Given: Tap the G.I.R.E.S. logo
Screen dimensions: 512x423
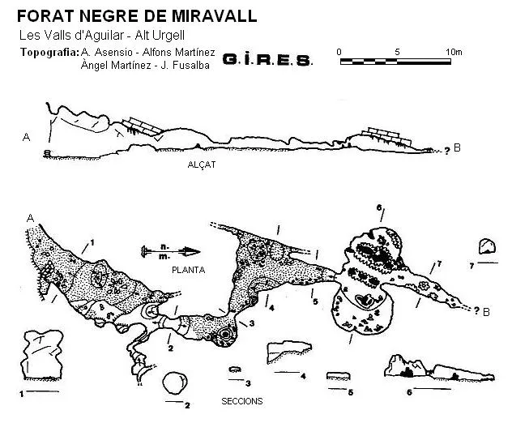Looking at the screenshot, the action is coord(267,60).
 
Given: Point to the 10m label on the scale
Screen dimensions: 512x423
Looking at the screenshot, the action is coord(454,52).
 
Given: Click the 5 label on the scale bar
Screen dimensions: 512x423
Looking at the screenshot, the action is coord(397,52).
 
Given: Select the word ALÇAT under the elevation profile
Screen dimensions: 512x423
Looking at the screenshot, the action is coord(202,164).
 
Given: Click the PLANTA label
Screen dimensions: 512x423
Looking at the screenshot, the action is coord(189,270).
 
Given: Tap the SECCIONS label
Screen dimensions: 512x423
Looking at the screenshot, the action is coord(242,401).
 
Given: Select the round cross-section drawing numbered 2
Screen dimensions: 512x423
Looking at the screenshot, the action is coord(175,382).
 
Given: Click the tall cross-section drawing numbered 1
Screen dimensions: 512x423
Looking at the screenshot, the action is coord(42,355).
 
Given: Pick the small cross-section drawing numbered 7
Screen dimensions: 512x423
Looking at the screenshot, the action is coord(487,246).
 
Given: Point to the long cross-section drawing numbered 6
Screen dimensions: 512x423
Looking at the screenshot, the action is coord(439,369).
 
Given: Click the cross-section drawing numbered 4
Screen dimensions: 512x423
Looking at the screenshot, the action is coord(288,352).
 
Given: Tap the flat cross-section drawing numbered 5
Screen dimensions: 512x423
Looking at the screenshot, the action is coord(339,376).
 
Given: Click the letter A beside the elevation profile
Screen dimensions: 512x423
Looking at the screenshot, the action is coord(26,137).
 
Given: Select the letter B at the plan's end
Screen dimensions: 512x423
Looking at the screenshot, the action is coord(486,312).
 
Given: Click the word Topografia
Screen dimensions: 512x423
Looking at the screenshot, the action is coord(49,52).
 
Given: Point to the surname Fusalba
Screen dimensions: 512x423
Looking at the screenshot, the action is coord(190,66).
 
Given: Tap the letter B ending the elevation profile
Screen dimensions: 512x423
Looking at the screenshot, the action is coord(457,148).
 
